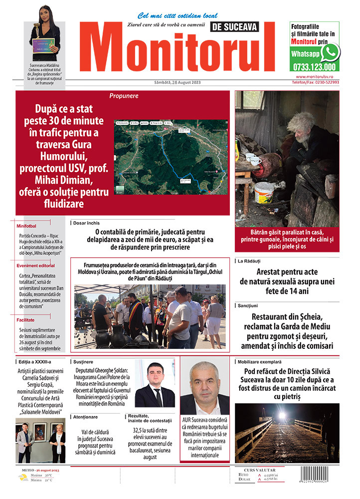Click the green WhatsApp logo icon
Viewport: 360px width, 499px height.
click(330, 52)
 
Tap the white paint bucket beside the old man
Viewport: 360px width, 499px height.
click(265, 192)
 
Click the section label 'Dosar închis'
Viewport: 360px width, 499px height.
click(86, 223)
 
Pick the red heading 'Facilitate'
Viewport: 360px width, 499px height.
click(25, 319)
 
